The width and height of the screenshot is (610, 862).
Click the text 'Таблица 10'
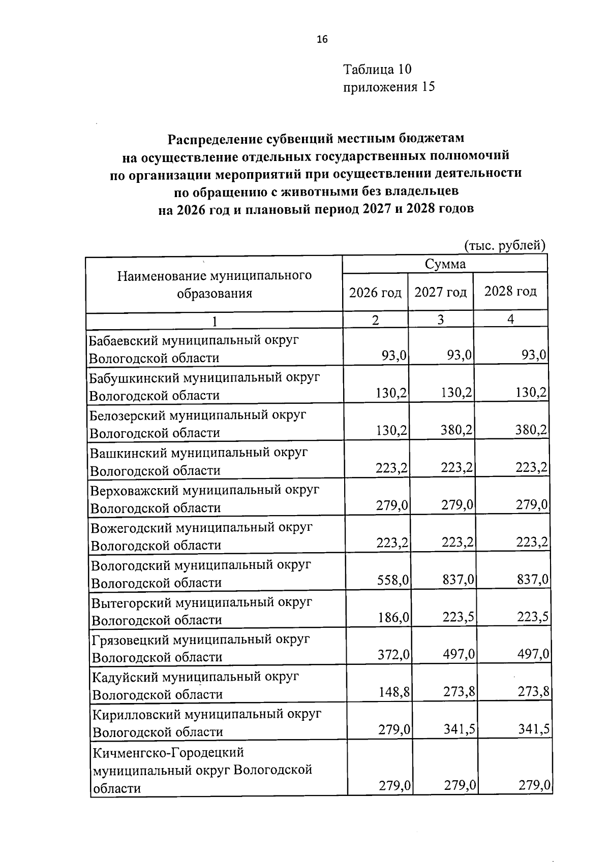pos(377,69)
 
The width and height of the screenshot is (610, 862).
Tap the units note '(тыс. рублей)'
pos(505,245)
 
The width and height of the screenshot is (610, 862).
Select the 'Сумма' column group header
pos(445,264)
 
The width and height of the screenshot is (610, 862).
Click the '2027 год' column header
pos(441,292)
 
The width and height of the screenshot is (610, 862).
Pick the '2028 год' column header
pos(510,292)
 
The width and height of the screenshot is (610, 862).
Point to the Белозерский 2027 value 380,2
pos(457,430)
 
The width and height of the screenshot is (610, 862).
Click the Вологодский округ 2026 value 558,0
pos(393,580)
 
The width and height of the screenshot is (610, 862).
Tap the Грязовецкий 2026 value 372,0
pos(393,655)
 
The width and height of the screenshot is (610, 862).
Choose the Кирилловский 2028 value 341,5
pos(533,729)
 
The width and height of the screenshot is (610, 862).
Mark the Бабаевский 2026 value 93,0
pos(394,355)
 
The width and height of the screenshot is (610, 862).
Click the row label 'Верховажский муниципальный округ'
pos(204,490)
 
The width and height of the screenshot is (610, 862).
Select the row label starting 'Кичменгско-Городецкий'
pos(168,752)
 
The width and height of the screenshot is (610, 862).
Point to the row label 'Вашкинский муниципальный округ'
pos(199,453)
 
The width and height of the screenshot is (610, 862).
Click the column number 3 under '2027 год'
pos(440,320)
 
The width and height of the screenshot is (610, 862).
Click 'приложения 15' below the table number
pos(389,87)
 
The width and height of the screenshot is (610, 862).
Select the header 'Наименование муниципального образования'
pos(214,284)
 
